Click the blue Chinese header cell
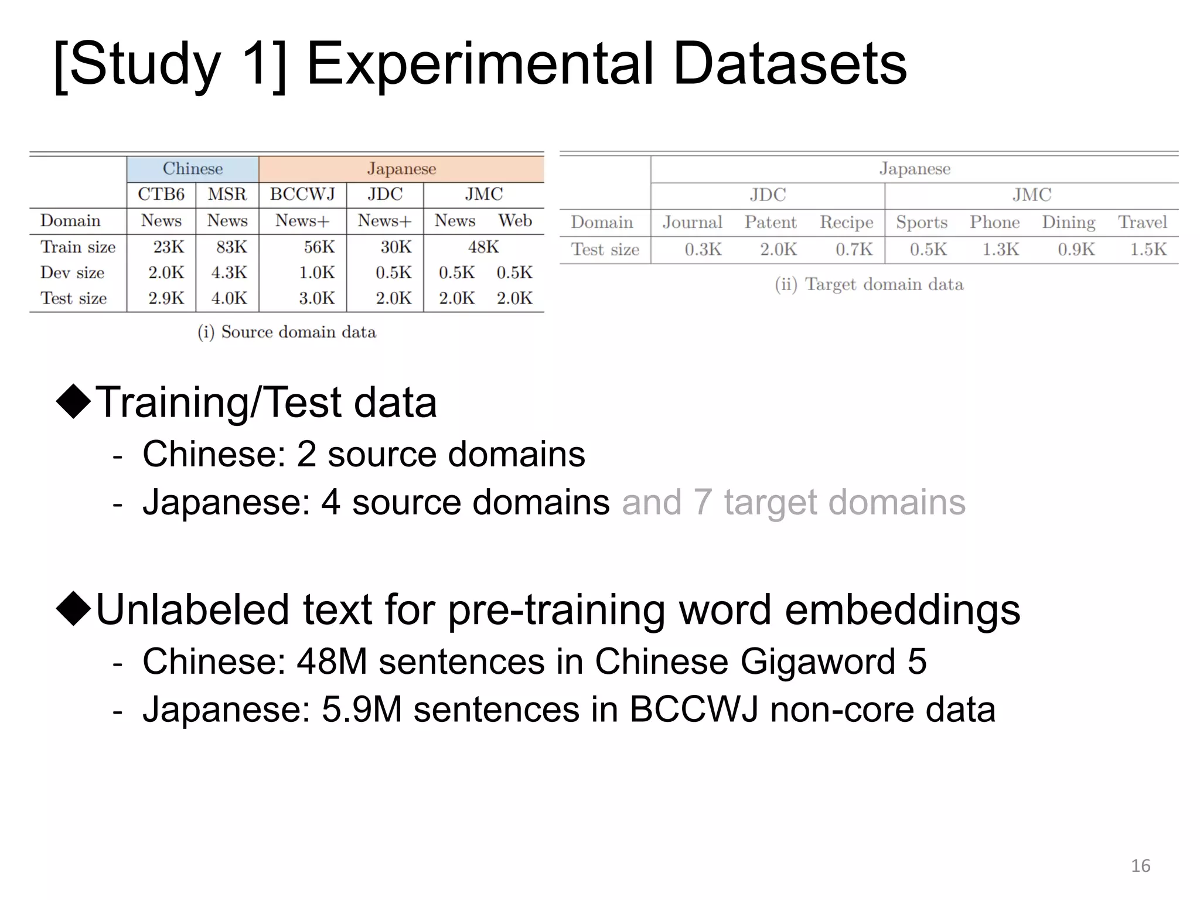click(192, 169)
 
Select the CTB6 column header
click(161, 195)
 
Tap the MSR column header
click(227, 195)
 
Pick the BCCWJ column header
click(302, 195)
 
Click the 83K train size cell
click(231, 247)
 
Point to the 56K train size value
click(319, 247)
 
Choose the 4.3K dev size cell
click(229, 273)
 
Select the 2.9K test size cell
click(166, 298)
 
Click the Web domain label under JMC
click(514, 221)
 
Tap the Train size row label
click(77, 247)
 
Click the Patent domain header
click(770, 223)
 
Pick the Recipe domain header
click(846, 223)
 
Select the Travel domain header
click(1142, 223)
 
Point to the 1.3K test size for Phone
click(1000, 250)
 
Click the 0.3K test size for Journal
click(703, 250)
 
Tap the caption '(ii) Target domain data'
click(869, 285)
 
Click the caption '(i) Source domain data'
click(287, 332)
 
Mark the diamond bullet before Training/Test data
click(74, 401)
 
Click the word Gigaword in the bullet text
click(817, 662)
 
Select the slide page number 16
click(1140, 865)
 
